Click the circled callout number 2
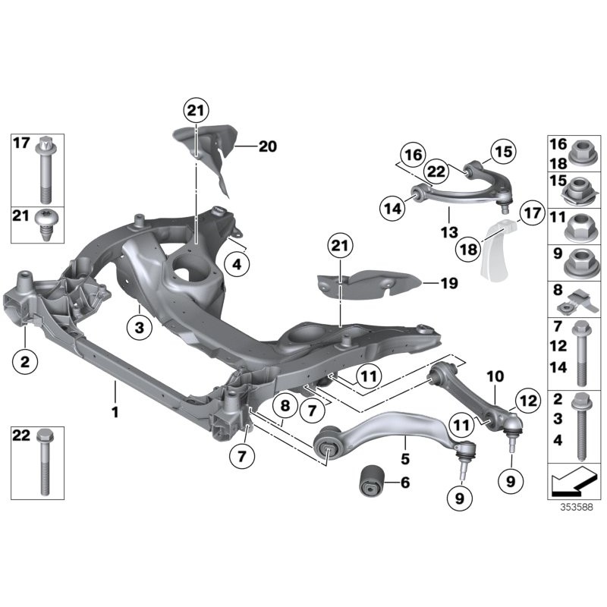[x=24, y=362]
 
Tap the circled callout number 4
[x=237, y=266]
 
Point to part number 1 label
[x=115, y=413]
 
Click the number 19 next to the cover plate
[x=448, y=284]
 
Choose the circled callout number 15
[x=502, y=153]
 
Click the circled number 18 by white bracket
[x=470, y=248]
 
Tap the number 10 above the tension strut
[x=495, y=376]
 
